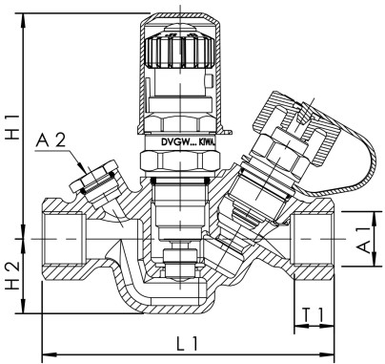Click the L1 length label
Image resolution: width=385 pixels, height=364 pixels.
(x=188, y=341)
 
